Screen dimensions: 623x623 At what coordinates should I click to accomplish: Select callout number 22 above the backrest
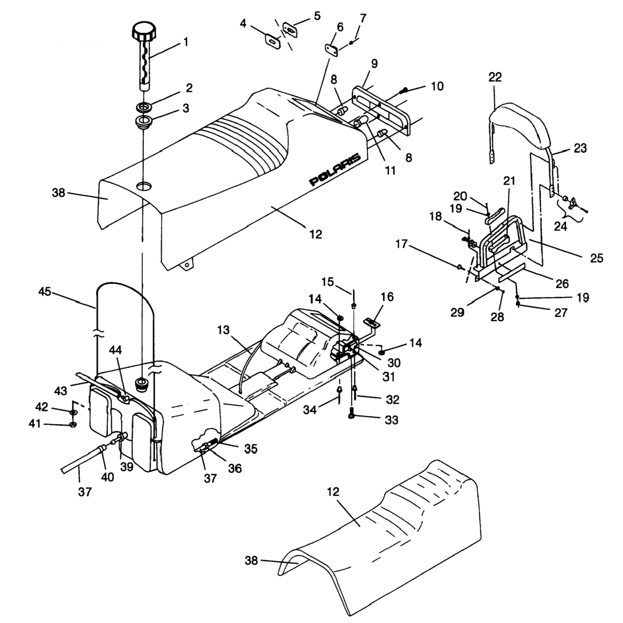(x=495, y=77)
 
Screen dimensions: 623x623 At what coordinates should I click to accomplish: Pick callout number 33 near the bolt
(x=391, y=420)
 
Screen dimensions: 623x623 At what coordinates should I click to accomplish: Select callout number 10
(x=437, y=86)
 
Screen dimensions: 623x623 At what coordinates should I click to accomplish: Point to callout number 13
(x=223, y=330)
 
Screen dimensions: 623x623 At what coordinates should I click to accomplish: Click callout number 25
(x=596, y=258)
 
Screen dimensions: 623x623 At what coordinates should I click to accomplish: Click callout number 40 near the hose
(x=108, y=478)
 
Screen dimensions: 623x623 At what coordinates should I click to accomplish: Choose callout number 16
(x=388, y=297)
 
